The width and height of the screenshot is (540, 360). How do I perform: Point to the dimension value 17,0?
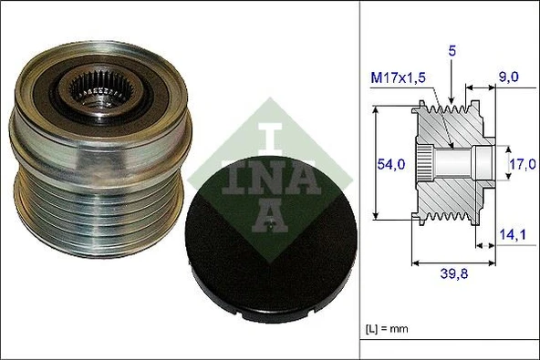pyautogui.click(x=523, y=166)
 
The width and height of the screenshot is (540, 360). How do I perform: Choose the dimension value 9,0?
pyautogui.click(x=508, y=79)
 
